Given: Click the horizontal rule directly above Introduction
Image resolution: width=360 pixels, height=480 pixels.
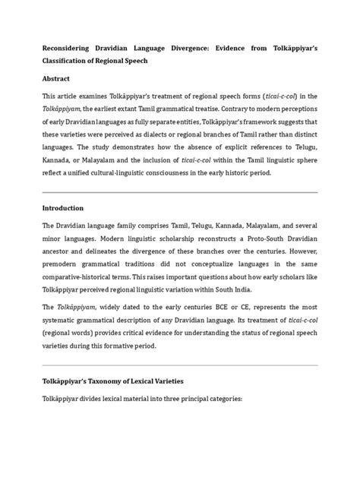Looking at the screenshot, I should tap(179, 192).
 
